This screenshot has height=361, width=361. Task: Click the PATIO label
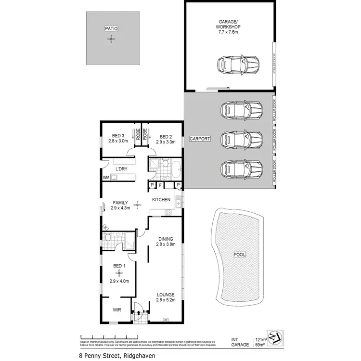pos(111,29)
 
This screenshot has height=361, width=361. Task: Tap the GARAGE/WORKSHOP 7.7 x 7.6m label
pos(229,27)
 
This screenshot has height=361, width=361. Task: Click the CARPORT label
pos(200,139)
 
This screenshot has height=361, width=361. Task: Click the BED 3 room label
pos(118,138)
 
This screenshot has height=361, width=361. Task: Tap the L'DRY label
pos(122,168)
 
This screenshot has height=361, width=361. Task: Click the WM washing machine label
pos(105,178)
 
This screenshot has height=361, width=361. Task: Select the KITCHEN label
pos(161,199)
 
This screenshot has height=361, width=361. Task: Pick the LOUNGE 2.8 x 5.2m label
pos(165,297)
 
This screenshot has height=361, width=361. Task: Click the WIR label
pos(116,310)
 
